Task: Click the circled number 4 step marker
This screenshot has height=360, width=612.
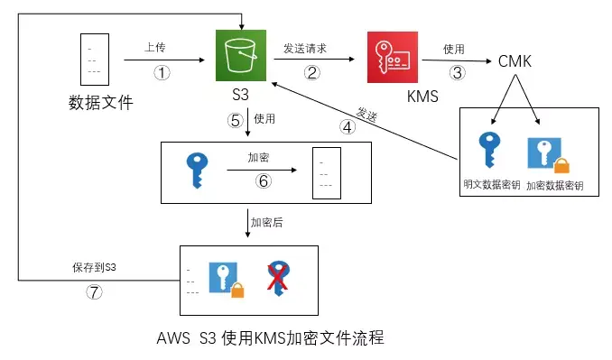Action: pos(348,126)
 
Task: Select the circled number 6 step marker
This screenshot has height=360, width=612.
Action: pos(264,181)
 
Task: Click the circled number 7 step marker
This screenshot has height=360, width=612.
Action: pos(93,292)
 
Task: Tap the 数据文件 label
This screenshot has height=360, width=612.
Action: pos(100,103)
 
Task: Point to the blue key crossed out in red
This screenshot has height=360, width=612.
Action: pos(279,278)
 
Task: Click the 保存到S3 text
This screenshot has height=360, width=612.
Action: pos(94,268)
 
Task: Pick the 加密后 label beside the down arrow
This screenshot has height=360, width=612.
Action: pos(268,221)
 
